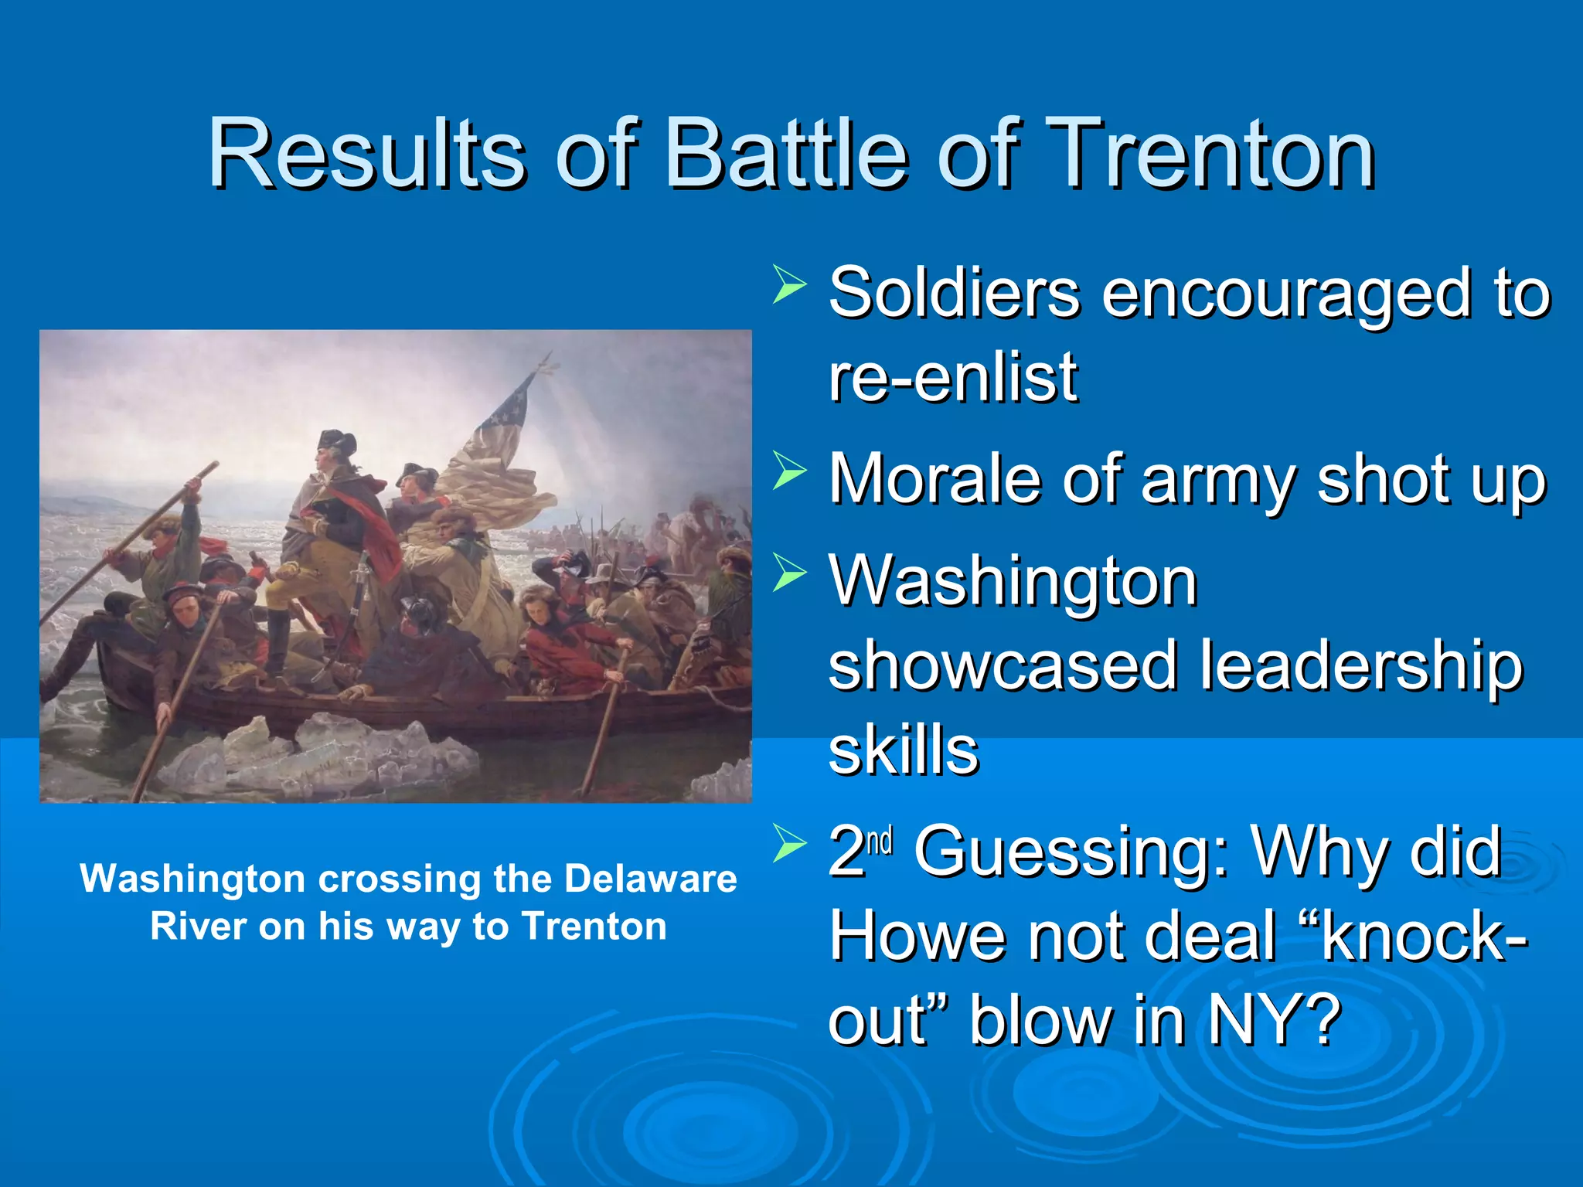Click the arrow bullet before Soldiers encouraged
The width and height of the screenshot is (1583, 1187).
pos(789,284)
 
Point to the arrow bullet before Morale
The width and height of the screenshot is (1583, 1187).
pos(789,471)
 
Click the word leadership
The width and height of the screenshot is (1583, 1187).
pos(1360,666)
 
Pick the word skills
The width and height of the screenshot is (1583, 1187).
pos(903,751)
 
